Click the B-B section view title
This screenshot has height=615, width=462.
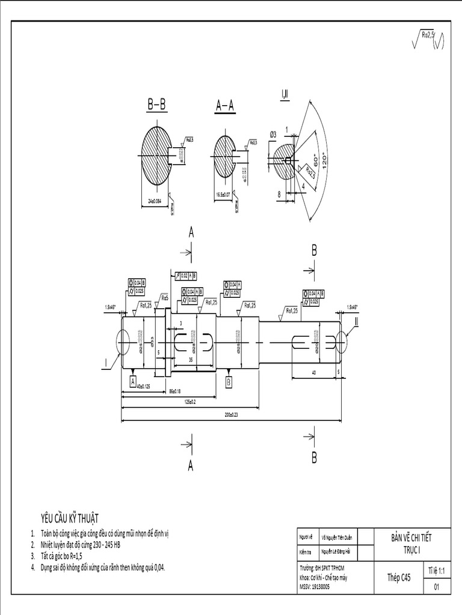click(156, 105)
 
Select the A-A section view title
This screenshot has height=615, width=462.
click(225, 106)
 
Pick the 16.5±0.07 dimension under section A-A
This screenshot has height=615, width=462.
click(223, 195)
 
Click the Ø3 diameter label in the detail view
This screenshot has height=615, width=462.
click(273, 135)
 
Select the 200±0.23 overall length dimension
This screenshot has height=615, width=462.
click(231, 414)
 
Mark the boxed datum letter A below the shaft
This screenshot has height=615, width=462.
click(132, 381)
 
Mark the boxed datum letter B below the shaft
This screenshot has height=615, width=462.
click(229, 381)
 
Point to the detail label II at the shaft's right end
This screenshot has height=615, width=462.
click(356, 321)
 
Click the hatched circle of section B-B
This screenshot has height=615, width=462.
click(156, 153)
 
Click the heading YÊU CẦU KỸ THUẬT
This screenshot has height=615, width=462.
click(70, 518)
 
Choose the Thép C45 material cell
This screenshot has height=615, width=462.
click(399, 577)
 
